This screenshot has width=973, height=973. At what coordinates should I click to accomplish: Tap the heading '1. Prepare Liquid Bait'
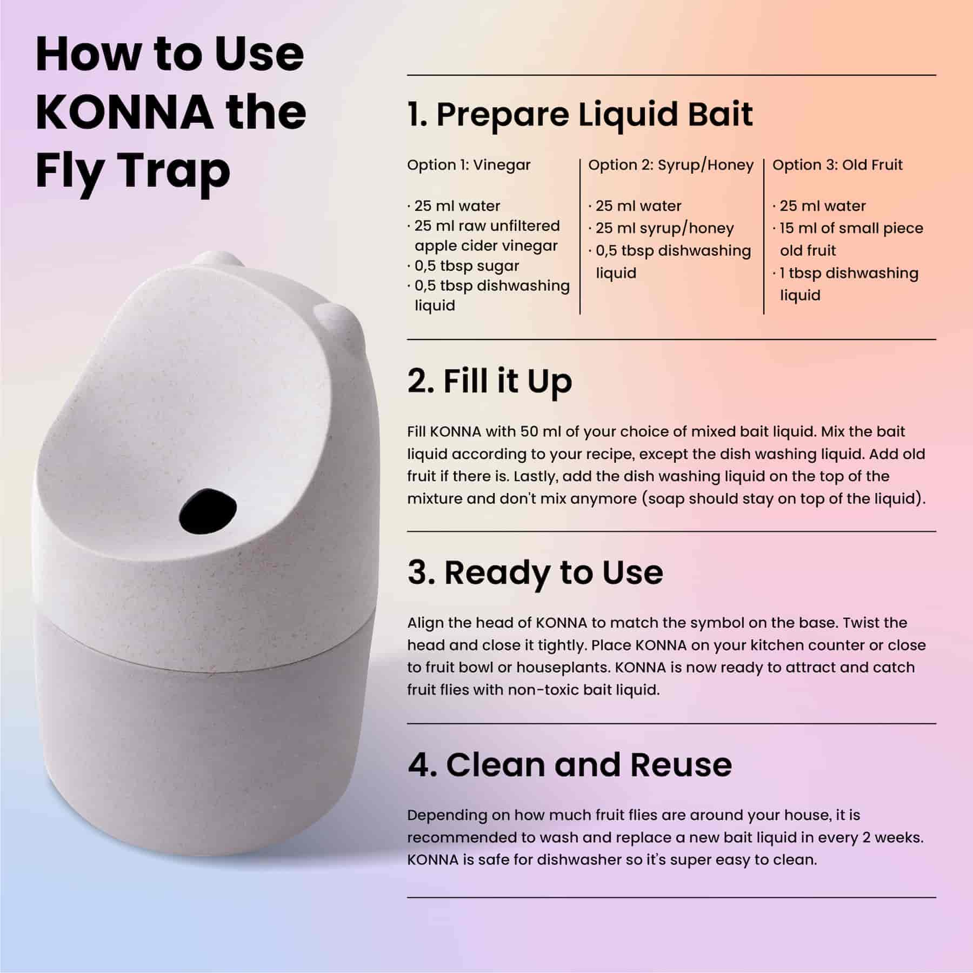pyautogui.click(x=580, y=115)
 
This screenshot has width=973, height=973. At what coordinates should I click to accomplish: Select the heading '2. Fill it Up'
pyautogui.click(x=490, y=381)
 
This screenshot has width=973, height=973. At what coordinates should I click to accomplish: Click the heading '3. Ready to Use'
pyautogui.click(x=535, y=572)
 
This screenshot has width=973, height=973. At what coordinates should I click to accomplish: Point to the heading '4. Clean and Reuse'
pyautogui.click(x=570, y=764)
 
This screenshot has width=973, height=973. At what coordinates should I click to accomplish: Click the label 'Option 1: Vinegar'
pyautogui.click(x=469, y=165)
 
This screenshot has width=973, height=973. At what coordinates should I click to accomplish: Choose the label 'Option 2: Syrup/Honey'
pyautogui.click(x=671, y=165)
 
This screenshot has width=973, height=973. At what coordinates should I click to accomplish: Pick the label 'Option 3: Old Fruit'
pyautogui.click(x=837, y=165)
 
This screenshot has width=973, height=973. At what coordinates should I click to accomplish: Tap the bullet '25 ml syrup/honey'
pyautogui.click(x=661, y=229)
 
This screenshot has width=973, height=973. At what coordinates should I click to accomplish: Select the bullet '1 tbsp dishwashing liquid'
pyautogui.click(x=845, y=284)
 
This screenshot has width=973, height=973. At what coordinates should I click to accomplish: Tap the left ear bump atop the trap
pyautogui.click(x=216, y=259)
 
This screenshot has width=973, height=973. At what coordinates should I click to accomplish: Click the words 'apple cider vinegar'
pyautogui.click(x=486, y=246)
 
